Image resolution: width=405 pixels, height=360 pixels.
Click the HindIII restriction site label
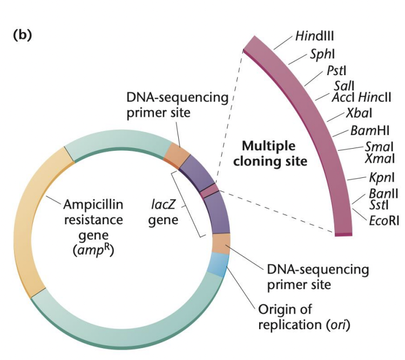[315, 36]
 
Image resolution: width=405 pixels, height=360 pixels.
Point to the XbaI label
[359, 113]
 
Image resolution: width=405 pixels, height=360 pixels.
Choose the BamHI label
[370, 130]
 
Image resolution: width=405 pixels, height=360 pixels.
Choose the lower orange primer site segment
[221, 244]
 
